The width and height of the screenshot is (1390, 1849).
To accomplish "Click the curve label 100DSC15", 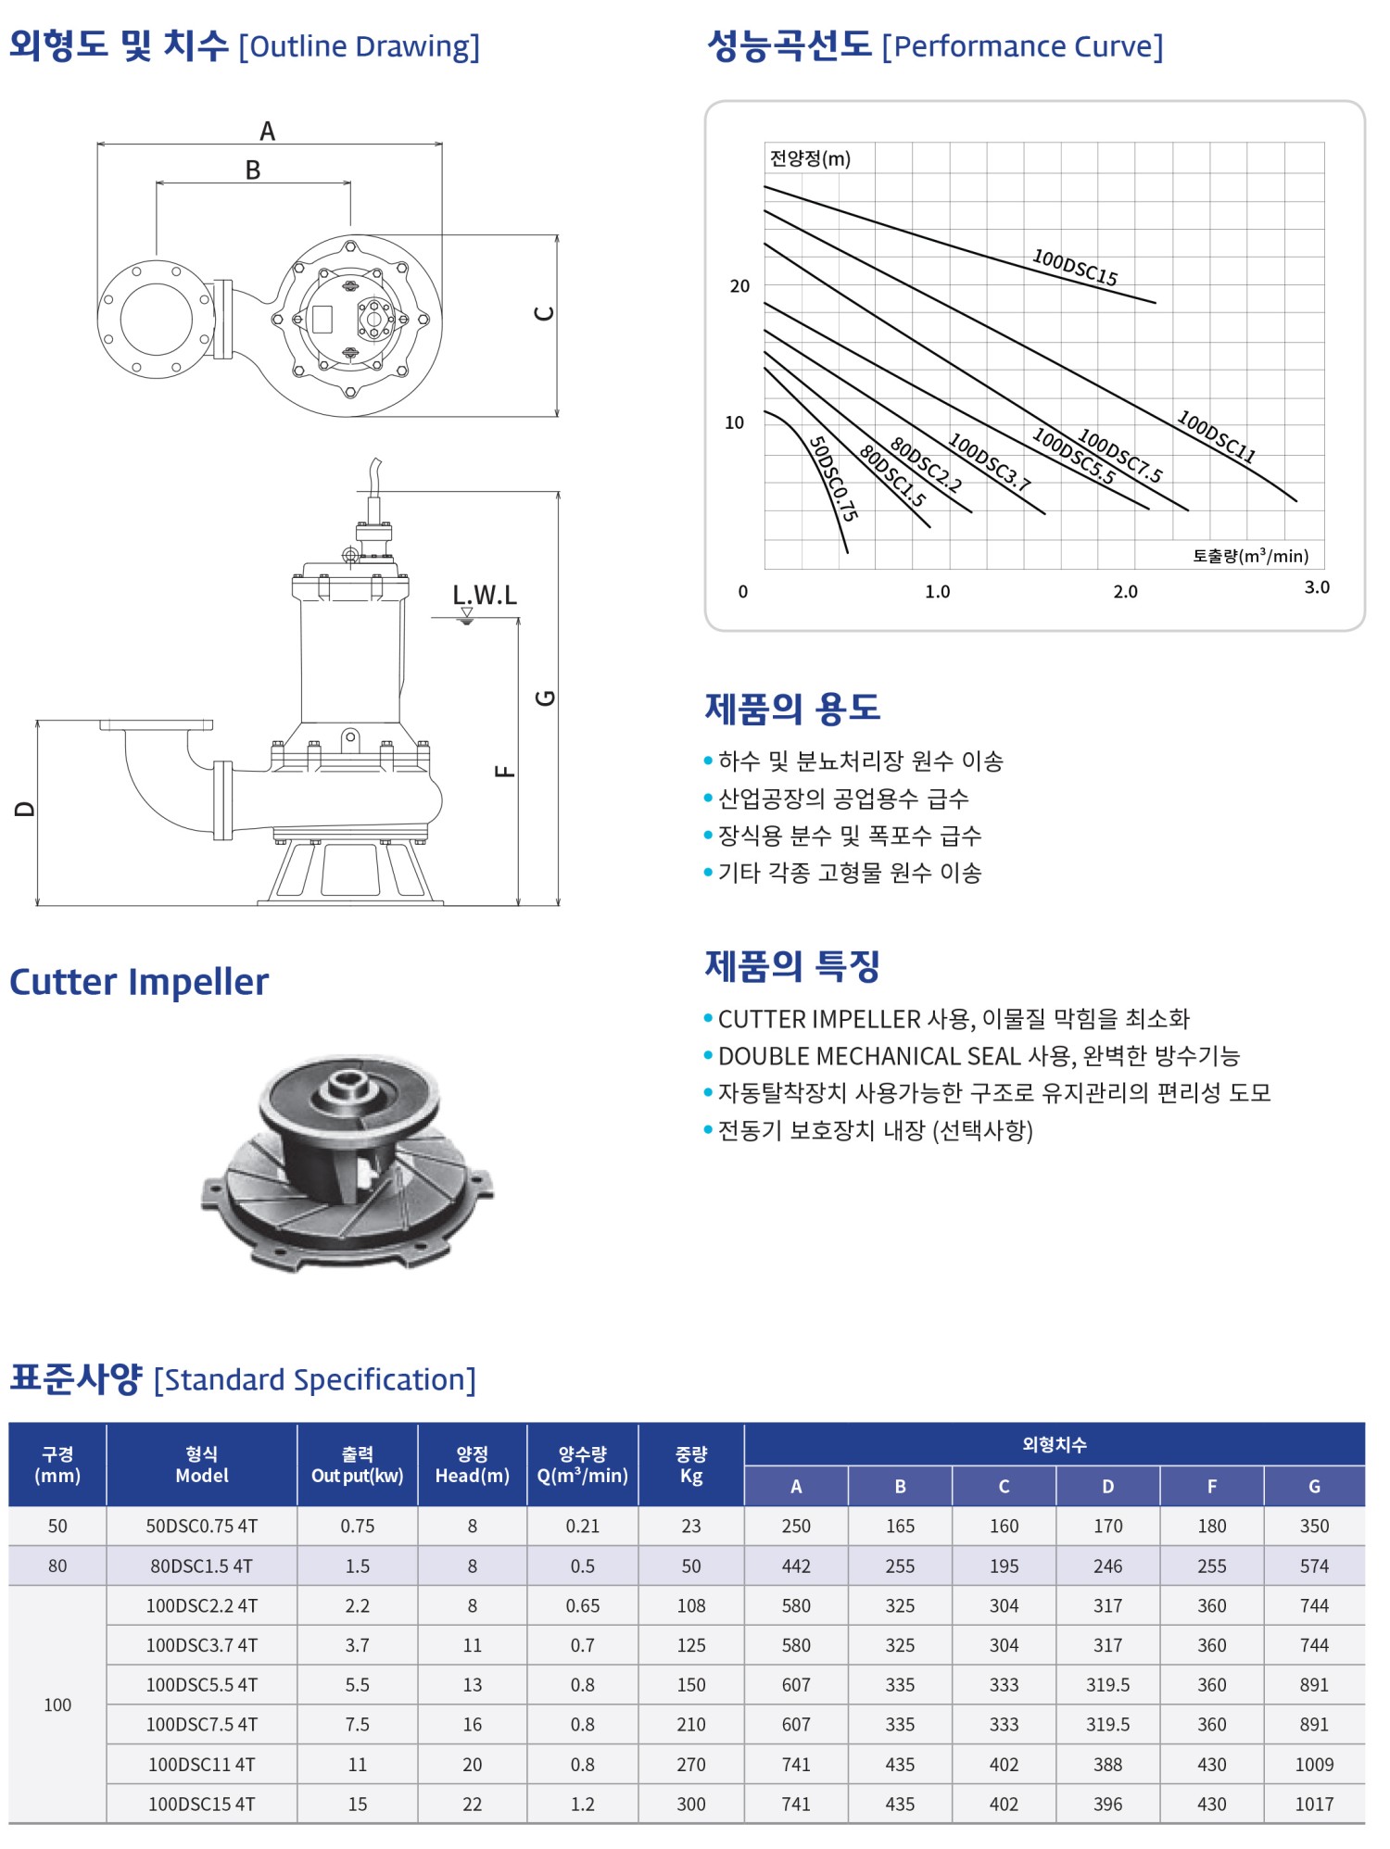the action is [x=1075, y=268].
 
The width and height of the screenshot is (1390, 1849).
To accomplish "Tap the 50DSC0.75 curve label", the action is [x=833, y=479].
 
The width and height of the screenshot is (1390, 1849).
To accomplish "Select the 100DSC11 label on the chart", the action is [x=1216, y=436].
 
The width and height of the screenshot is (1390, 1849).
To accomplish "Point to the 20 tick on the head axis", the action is [x=739, y=286].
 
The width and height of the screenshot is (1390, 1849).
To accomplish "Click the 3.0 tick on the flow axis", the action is [x=1317, y=587].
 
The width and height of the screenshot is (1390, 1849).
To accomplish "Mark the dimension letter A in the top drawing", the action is [x=267, y=132].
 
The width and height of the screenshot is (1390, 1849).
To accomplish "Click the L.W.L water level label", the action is [x=485, y=595].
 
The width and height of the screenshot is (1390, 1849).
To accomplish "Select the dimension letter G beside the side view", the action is [x=546, y=698].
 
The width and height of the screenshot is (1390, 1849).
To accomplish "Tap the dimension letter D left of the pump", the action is [x=25, y=809].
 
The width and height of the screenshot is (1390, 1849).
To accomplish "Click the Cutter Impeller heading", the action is [x=139, y=982].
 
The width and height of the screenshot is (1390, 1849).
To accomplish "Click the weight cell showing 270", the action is [x=691, y=1765].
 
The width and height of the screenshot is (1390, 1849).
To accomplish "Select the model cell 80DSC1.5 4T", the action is [x=202, y=1566].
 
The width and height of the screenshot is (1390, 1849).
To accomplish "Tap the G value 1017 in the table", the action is [x=1314, y=1805].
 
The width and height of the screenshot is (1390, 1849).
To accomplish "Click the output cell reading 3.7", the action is [x=358, y=1646].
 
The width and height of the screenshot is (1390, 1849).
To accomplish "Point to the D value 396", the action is [x=1107, y=1805].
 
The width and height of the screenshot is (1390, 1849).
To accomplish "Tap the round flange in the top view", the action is [x=157, y=319].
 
